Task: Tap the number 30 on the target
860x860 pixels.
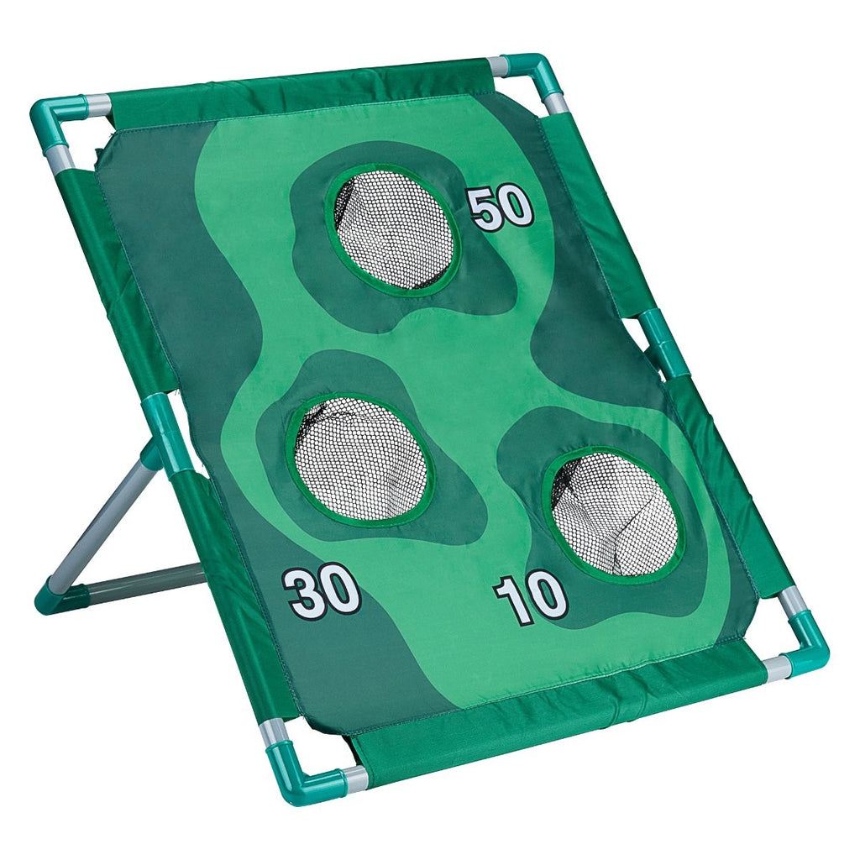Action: pyautogui.click(x=322, y=592)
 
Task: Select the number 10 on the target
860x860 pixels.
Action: pyautogui.click(x=531, y=600)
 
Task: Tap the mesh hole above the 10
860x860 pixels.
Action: pyautogui.click(x=615, y=513)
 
